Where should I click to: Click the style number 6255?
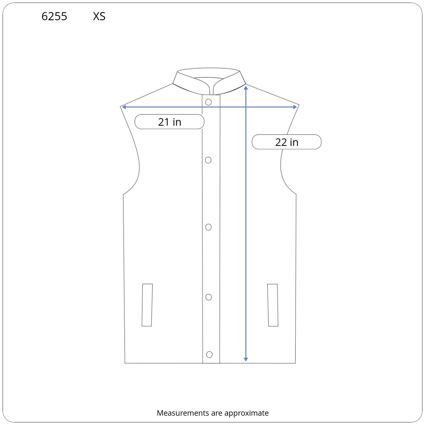54,16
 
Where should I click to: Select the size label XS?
99,16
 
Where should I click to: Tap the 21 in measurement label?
169,122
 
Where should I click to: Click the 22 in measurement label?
287,142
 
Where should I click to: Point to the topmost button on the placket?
209,102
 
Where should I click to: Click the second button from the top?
208,160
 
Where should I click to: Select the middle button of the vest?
209,227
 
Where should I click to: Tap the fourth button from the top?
209,297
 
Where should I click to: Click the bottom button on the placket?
209,355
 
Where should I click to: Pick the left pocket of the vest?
147,305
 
